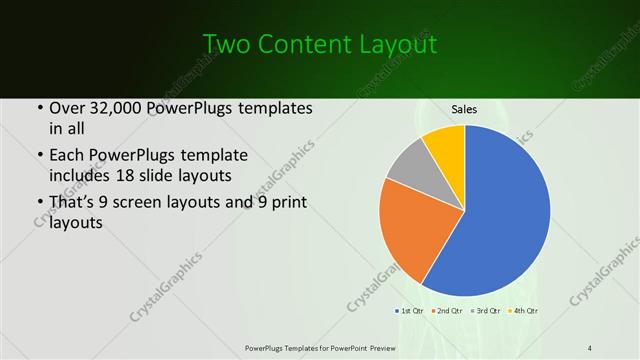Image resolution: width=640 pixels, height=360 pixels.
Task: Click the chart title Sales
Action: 464,109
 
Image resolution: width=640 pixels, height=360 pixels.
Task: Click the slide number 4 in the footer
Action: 590,347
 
